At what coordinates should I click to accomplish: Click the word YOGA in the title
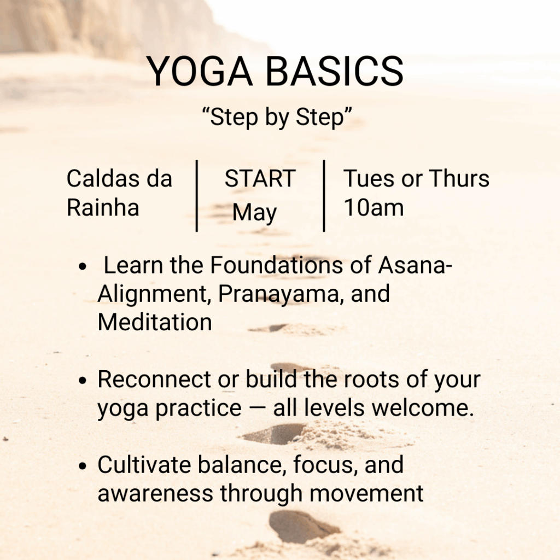tap(199, 71)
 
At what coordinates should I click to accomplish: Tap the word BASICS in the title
tap(335, 71)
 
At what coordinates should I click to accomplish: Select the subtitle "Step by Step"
tap(277, 117)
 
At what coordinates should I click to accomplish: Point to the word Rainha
tap(103, 207)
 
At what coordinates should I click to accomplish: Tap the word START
tap(260, 178)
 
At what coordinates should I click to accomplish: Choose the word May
tap(255, 213)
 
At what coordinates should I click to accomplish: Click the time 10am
tap(374, 207)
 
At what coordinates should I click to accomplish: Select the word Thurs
tap(459, 178)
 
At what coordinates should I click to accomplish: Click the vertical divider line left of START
tap(197, 196)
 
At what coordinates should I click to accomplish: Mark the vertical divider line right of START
tap(324, 196)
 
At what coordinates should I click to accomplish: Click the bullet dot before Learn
tap(83, 266)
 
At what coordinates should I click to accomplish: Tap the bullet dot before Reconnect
tap(83, 381)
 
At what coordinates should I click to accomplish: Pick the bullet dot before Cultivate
tap(83, 466)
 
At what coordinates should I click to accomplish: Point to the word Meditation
tap(155, 322)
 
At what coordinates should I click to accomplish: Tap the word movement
tap(366, 494)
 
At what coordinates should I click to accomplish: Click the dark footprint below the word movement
tap(302, 527)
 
